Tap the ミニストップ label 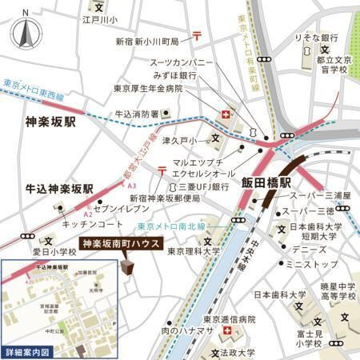pos(308,263)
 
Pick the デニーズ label pos(302,250)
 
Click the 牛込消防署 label pos(138,114)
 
